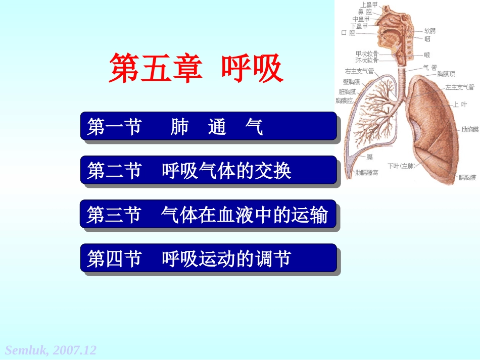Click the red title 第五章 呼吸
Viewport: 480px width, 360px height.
(196, 69)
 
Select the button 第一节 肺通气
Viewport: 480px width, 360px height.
(208, 126)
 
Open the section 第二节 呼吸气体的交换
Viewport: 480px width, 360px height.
(208, 170)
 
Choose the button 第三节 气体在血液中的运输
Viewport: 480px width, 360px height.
(208, 214)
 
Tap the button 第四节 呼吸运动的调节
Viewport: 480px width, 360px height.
(208, 258)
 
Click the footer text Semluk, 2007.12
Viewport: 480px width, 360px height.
(51, 350)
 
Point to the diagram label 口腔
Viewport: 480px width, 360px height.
(348, 33)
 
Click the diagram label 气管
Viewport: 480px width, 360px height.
(430, 67)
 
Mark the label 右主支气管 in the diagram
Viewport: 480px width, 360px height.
(359, 71)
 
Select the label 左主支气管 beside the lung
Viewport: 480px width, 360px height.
(459, 87)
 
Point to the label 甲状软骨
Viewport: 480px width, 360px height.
(367, 53)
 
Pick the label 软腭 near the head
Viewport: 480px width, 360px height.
(430, 31)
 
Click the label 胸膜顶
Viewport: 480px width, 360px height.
(446, 74)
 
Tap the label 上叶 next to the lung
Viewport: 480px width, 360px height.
(460, 105)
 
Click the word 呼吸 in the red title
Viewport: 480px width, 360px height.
(251, 69)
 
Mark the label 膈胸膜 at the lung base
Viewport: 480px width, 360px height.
(467, 177)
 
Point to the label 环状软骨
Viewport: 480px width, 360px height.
(367, 60)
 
